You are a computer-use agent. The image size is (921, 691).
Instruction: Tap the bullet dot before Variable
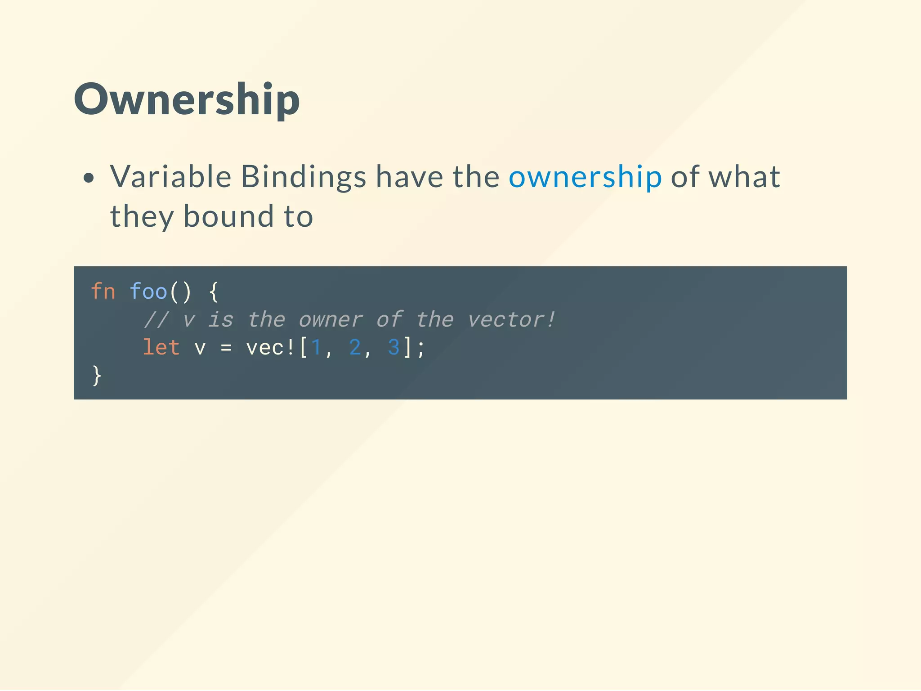coord(89,178)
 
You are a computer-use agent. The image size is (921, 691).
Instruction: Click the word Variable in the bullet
coord(170,176)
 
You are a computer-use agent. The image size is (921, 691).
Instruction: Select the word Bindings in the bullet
coord(304,177)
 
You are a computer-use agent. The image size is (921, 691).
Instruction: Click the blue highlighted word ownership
coord(585,177)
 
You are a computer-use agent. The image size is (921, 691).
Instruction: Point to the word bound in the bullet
coord(228,216)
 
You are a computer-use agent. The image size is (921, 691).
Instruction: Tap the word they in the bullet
coord(142,217)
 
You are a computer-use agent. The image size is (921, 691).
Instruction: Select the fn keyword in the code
coord(103,292)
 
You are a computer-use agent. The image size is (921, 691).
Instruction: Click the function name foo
coord(148,292)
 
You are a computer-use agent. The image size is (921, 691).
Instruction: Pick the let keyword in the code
coord(161,347)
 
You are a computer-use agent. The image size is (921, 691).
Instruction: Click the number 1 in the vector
coord(316,347)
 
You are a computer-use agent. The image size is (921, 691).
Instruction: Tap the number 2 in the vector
coord(355,347)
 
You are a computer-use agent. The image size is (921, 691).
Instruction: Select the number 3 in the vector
coord(393,347)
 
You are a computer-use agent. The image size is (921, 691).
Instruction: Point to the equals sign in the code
coord(226,348)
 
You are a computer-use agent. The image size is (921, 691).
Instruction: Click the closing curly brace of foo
coord(97,376)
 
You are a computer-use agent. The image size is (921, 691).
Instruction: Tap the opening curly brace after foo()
coord(214,292)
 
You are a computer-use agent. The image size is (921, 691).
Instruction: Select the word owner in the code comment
coord(331,320)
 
